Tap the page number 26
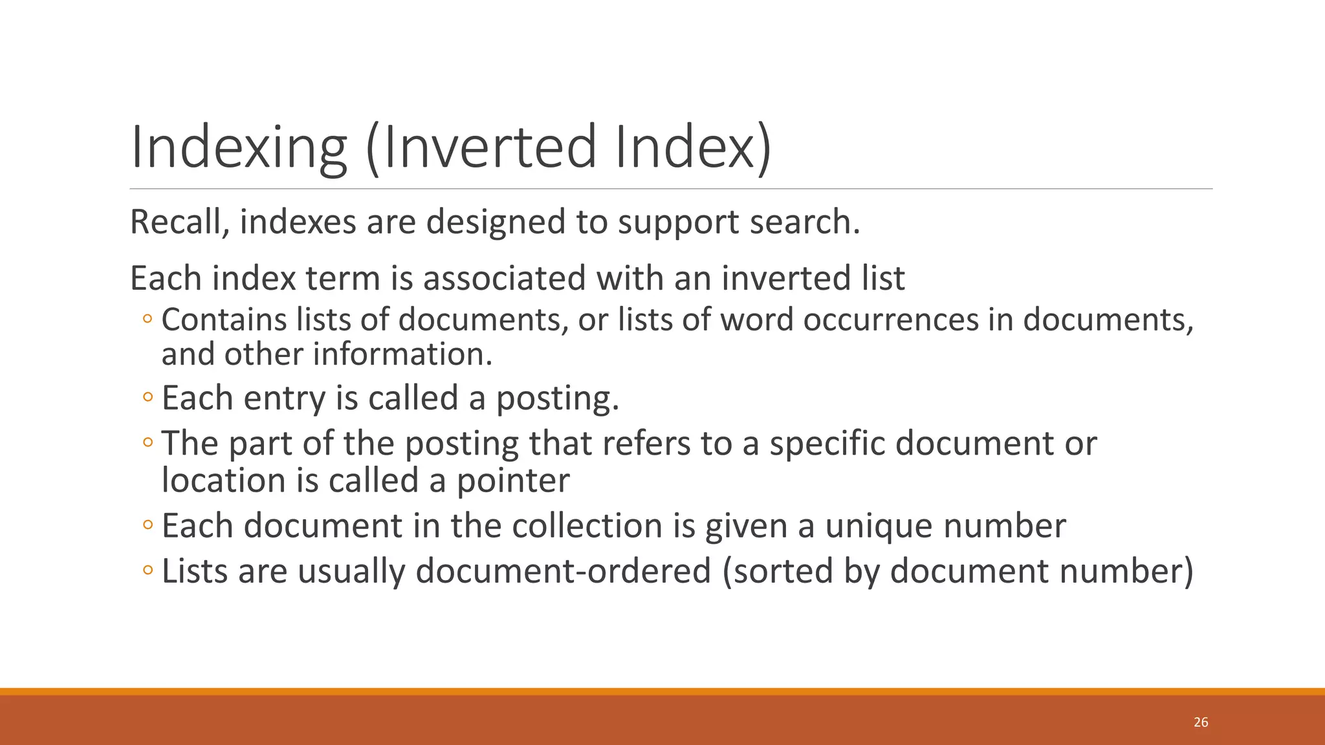point(1201,722)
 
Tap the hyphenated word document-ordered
point(563,571)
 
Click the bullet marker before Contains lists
point(148,319)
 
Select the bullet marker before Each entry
point(148,398)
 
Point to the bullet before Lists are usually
point(148,570)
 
